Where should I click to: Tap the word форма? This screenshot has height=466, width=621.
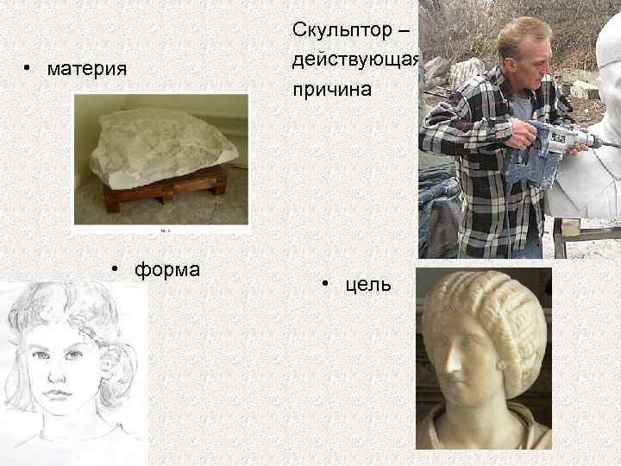pos(166,269)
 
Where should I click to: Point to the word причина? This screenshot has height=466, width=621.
pos(332,89)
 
